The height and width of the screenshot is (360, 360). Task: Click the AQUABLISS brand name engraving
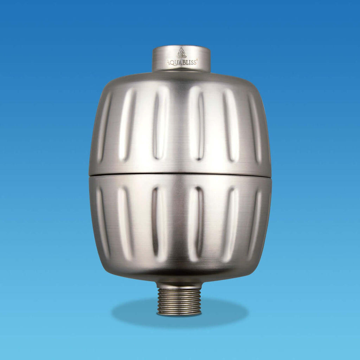pos(181,63)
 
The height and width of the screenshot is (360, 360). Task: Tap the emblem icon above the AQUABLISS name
pos(181,53)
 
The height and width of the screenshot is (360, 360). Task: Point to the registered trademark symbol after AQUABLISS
pos(197,60)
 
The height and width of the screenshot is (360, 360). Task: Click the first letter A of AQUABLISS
pos(168,63)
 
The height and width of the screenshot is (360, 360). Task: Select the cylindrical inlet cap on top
pos(181,58)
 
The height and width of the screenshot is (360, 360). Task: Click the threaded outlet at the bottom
pos(179,302)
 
